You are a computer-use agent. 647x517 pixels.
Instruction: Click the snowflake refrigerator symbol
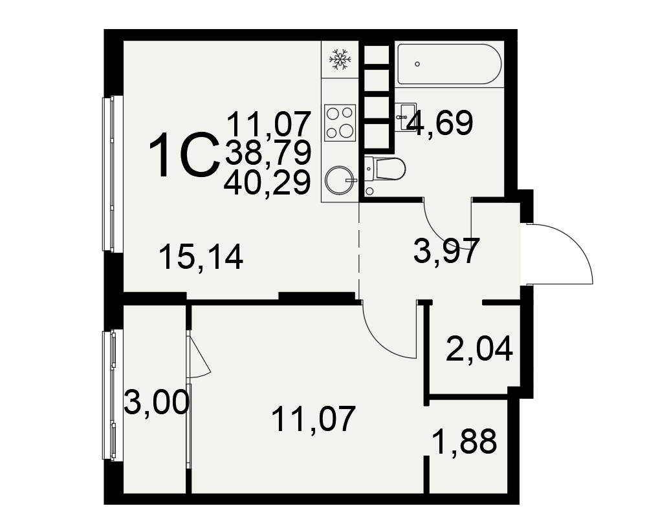340,59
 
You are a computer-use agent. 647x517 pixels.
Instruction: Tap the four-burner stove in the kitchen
340,122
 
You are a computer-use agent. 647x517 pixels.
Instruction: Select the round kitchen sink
340,180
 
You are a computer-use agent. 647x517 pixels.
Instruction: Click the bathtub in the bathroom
450,64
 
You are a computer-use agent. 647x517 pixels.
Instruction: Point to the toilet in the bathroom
385,169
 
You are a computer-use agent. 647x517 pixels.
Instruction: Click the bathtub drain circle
417,64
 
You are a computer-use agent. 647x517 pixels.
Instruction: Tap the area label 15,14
201,257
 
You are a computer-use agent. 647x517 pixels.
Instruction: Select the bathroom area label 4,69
439,123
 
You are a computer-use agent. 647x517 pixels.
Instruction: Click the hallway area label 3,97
447,250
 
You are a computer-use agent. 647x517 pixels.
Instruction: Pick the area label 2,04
479,349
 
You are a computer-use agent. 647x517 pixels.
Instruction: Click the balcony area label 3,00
157,403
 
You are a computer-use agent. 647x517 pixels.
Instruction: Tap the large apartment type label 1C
184,155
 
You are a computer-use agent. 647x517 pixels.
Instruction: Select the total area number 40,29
267,183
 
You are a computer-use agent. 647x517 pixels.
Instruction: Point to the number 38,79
268,153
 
